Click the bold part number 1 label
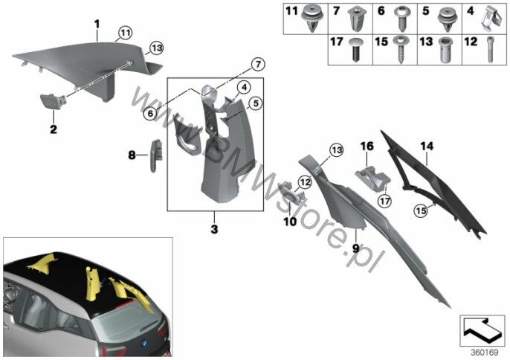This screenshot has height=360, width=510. point(97,25)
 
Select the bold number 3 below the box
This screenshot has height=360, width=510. point(213,230)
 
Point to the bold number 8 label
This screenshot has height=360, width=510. point(132,155)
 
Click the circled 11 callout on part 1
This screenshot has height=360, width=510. point(124,33)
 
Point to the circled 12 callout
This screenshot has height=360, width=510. point(304,182)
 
